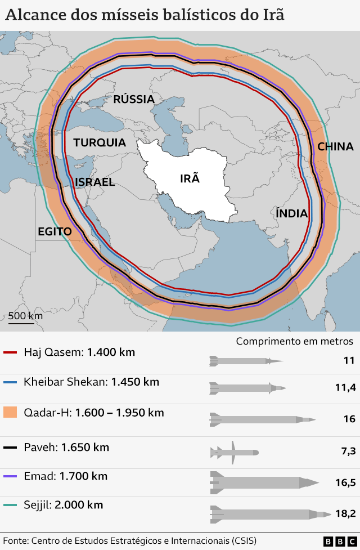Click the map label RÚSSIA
134,100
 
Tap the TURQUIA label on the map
100,142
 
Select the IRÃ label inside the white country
190,178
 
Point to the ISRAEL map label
94,182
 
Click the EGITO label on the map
55,231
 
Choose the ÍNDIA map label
291,213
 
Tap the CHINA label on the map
335,146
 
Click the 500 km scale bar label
25,315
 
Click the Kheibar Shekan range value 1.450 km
135,382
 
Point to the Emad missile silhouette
263,482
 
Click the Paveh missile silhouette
233,452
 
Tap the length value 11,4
345,387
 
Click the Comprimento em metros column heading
294,341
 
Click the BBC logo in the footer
335,541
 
